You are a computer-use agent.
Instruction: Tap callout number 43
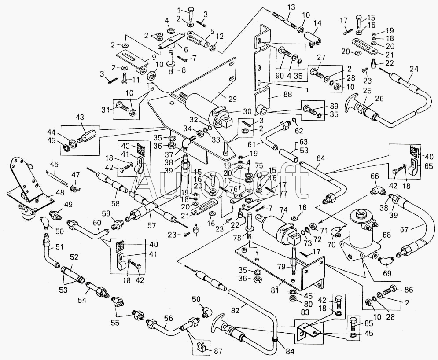(x=80, y=118)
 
